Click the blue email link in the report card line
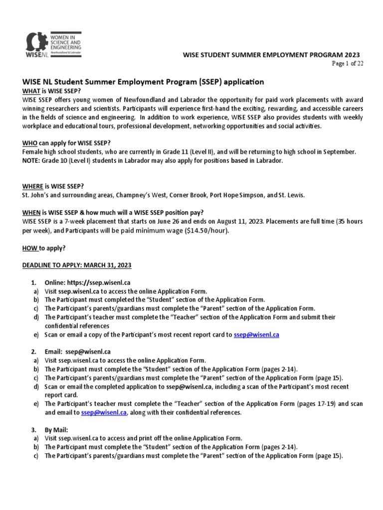pyautogui.click(x=256, y=335)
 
